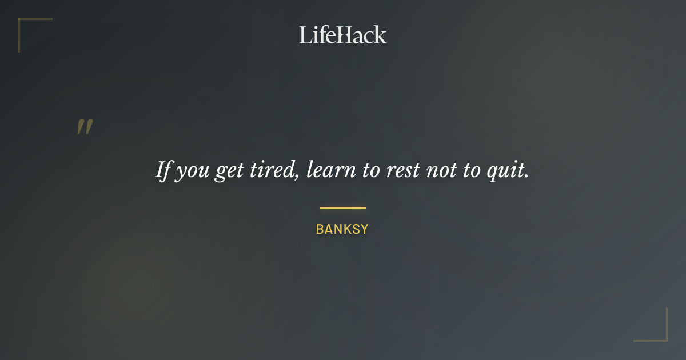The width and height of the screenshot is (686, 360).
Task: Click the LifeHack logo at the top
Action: [x=343, y=35]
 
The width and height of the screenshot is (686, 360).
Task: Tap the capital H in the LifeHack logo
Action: [x=342, y=35]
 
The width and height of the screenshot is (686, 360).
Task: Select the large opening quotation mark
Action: [x=85, y=127]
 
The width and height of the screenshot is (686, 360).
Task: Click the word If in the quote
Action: [x=163, y=170]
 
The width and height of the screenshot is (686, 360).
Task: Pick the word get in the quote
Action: [x=228, y=171]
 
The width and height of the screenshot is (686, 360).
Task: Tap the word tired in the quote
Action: [x=270, y=170]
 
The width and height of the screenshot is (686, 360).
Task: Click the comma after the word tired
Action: [x=298, y=177]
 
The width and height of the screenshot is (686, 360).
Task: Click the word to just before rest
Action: [x=371, y=171]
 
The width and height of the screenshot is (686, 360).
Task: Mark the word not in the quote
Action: [x=441, y=171]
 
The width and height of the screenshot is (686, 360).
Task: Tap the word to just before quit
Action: [x=472, y=171]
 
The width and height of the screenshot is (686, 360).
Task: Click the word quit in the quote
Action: [x=506, y=171]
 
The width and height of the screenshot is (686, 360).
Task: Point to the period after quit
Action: [x=527, y=177]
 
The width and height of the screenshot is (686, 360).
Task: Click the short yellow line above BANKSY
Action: [x=342, y=207]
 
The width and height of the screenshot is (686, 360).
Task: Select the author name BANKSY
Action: [x=342, y=230]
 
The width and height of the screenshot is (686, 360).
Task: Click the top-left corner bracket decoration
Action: [x=26, y=26]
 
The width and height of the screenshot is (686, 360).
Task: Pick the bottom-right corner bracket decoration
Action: [x=660, y=334]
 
